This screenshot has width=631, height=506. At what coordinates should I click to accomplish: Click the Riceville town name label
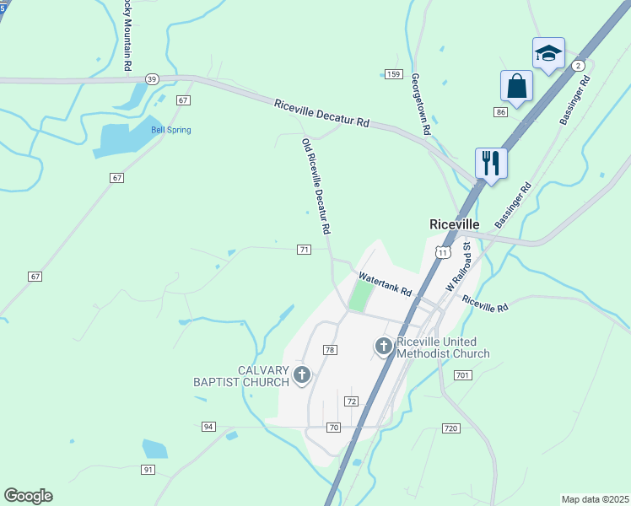[x=454, y=225]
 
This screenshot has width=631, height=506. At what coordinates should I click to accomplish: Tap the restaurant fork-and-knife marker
[x=491, y=161]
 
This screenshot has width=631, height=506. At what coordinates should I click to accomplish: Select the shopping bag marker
[x=516, y=86]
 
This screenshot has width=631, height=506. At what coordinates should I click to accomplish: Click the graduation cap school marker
[x=548, y=54]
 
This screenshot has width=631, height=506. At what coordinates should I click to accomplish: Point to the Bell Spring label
[x=170, y=130]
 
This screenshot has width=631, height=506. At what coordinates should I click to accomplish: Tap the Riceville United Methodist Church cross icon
[x=384, y=346]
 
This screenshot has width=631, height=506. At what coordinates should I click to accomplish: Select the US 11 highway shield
[x=442, y=252]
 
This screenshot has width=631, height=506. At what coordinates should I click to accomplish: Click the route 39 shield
[x=152, y=78]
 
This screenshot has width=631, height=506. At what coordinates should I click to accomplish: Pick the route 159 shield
[x=393, y=74]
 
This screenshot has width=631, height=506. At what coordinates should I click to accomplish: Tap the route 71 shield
[x=305, y=250]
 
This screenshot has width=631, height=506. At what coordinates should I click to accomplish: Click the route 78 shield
[x=330, y=350]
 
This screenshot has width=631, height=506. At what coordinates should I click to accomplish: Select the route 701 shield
[x=461, y=374]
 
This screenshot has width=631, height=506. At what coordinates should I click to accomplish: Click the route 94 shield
[x=208, y=427]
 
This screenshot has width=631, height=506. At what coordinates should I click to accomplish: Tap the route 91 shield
[x=148, y=469]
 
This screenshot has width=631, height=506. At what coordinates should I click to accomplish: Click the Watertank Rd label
[x=385, y=283]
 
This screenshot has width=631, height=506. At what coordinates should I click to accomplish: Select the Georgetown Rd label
[x=420, y=104]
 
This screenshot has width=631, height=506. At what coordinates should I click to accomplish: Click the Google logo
[x=28, y=496]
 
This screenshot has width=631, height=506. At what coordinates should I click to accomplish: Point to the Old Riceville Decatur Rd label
[x=315, y=186]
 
